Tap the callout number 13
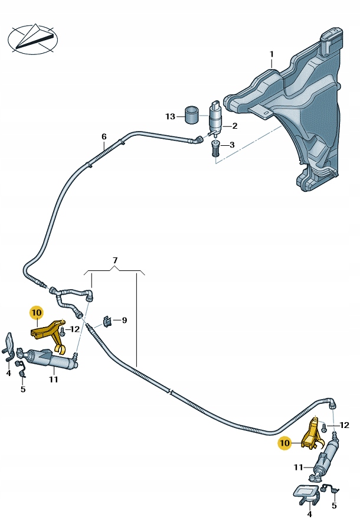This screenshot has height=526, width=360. click(x=171, y=116)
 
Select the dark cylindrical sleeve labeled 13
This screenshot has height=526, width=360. click(x=192, y=115)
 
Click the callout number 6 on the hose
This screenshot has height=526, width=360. click(x=104, y=137)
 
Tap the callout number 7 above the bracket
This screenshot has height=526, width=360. click(x=116, y=260)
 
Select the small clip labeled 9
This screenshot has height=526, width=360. click(x=107, y=322)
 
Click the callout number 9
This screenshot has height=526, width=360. click(x=124, y=321)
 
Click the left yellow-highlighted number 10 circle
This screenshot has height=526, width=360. click(x=37, y=312)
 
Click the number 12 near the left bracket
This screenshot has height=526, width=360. click(x=75, y=329)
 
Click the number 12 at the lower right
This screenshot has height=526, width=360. click(x=345, y=425)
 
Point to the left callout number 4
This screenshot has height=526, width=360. click(x=8, y=373)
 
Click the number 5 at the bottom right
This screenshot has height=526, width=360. click(x=335, y=505)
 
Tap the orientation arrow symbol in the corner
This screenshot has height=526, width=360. click(x=33, y=38)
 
